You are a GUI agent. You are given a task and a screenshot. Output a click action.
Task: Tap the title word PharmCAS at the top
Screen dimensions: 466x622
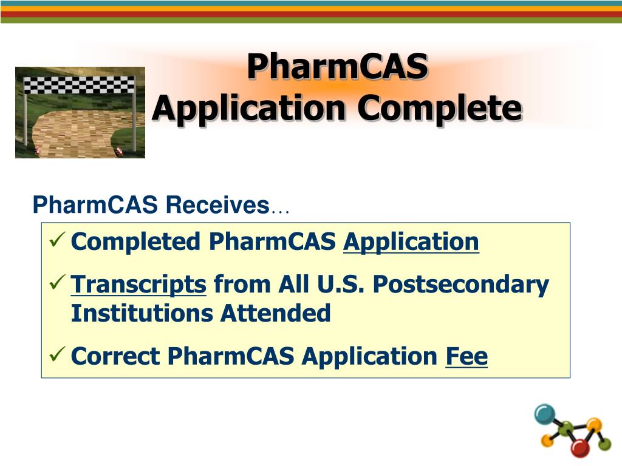[x=337, y=66]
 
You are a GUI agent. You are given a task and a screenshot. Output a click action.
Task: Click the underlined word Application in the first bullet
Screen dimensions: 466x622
[x=411, y=241]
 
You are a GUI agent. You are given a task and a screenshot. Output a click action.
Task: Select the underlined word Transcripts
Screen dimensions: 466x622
[x=138, y=284]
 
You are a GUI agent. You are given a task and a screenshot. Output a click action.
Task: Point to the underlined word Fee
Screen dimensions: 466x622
[x=466, y=356]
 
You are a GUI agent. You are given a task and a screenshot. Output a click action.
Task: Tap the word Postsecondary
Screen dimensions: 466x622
[x=461, y=284]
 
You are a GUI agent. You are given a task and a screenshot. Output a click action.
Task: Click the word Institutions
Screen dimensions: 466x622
[x=142, y=314]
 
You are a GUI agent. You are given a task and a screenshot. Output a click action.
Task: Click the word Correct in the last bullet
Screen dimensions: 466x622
[x=115, y=356]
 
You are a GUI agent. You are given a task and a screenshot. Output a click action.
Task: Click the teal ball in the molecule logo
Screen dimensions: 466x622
[x=545, y=414]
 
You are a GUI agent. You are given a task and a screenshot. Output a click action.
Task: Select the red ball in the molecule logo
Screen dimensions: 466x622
[x=580, y=448]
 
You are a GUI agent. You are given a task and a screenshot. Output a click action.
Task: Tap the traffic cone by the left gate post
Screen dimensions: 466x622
[x=36, y=150]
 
